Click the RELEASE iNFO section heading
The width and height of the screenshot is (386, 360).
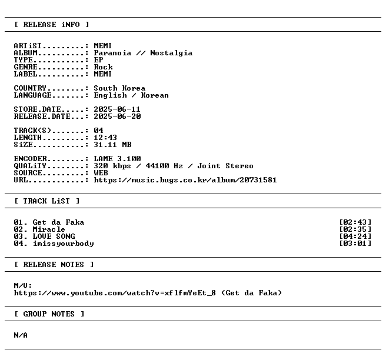click(51, 25)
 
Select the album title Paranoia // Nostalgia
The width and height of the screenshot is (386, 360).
click(143, 53)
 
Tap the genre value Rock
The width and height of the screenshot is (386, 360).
click(103, 67)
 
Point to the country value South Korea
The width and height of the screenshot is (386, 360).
click(119, 88)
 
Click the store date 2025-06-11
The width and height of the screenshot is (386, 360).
click(117, 109)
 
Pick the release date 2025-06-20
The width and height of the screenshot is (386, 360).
click(117, 116)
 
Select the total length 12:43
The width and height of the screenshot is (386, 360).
click(105, 138)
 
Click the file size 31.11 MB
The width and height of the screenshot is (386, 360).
click(112, 145)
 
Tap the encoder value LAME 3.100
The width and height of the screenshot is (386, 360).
click(117, 159)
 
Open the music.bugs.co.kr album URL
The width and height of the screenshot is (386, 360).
click(185, 180)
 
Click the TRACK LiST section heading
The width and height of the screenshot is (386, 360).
click(46, 201)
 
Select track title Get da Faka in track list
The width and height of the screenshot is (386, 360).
click(58, 222)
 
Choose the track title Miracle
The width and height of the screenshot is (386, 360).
click(49, 229)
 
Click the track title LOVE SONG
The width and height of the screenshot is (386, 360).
click(54, 236)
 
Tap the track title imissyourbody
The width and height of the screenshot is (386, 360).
click(64, 244)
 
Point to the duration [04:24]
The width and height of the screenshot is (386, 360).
click(355, 236)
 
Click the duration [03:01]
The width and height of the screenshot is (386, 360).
click(355, 244)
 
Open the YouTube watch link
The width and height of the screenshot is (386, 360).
click(115, 293)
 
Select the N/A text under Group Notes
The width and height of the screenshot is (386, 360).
click(21, 335)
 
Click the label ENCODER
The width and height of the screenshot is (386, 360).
click(30, 159)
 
